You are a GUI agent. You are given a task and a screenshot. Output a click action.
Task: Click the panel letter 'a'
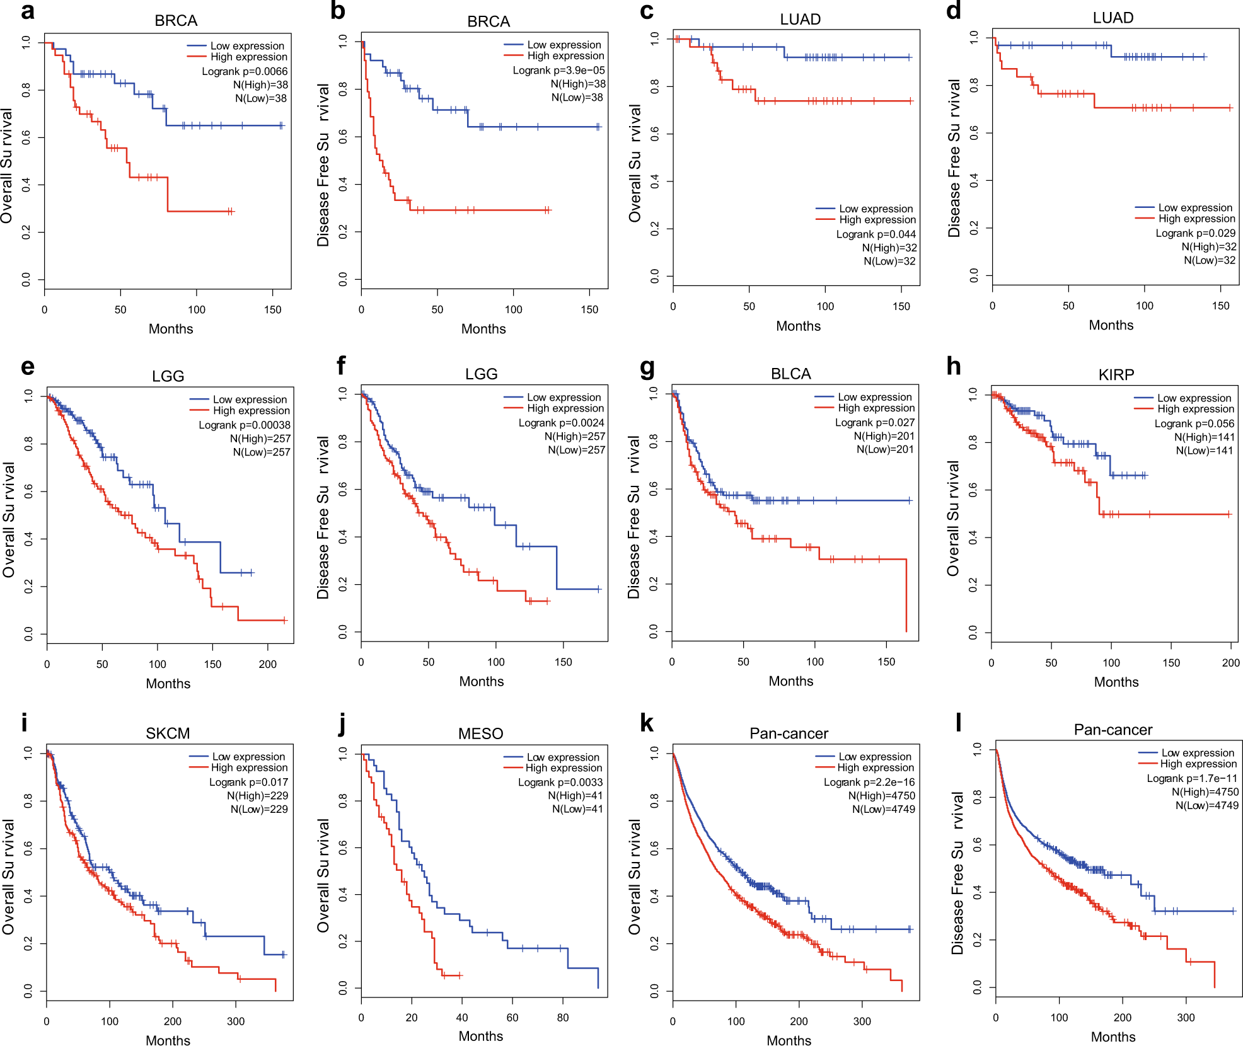click(27, 11)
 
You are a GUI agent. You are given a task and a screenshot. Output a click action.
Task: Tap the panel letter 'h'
click(954, 366)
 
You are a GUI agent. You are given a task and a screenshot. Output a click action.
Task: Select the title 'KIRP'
click(1116, 375)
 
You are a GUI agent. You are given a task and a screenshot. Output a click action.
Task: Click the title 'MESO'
click(480, 733)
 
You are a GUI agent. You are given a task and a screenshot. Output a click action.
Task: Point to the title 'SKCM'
click(168, 733)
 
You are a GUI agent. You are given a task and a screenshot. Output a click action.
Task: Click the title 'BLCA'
click(790, 374)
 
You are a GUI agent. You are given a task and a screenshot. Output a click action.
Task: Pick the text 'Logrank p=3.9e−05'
click(558, 71)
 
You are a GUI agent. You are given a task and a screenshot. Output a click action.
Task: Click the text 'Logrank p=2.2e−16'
click(869, 782)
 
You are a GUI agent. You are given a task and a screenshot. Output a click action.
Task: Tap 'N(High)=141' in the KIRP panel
click(1204, 437)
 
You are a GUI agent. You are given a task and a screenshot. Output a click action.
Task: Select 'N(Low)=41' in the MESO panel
click(577, 809)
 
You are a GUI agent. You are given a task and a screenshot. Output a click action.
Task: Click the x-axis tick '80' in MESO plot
click(563, 1018)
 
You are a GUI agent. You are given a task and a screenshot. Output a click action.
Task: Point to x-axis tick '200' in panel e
click(267, 664)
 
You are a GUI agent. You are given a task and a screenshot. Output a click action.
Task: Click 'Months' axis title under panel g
click(790, 681)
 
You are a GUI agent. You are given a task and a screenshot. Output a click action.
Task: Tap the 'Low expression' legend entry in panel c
click(876, 209)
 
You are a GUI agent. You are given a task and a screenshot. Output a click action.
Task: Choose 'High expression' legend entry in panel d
click(1196, 219)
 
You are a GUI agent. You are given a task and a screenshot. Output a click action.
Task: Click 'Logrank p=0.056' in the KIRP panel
click(1194, 423)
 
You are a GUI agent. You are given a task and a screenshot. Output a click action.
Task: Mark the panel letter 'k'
click(646, 723)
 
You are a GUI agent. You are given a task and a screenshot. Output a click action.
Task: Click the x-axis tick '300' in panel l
click(1186, 1018)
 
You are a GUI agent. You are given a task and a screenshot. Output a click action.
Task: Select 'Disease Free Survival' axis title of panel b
click(323, 164)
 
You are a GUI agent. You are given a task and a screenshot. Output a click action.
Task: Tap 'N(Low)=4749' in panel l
click(1206, 805)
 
